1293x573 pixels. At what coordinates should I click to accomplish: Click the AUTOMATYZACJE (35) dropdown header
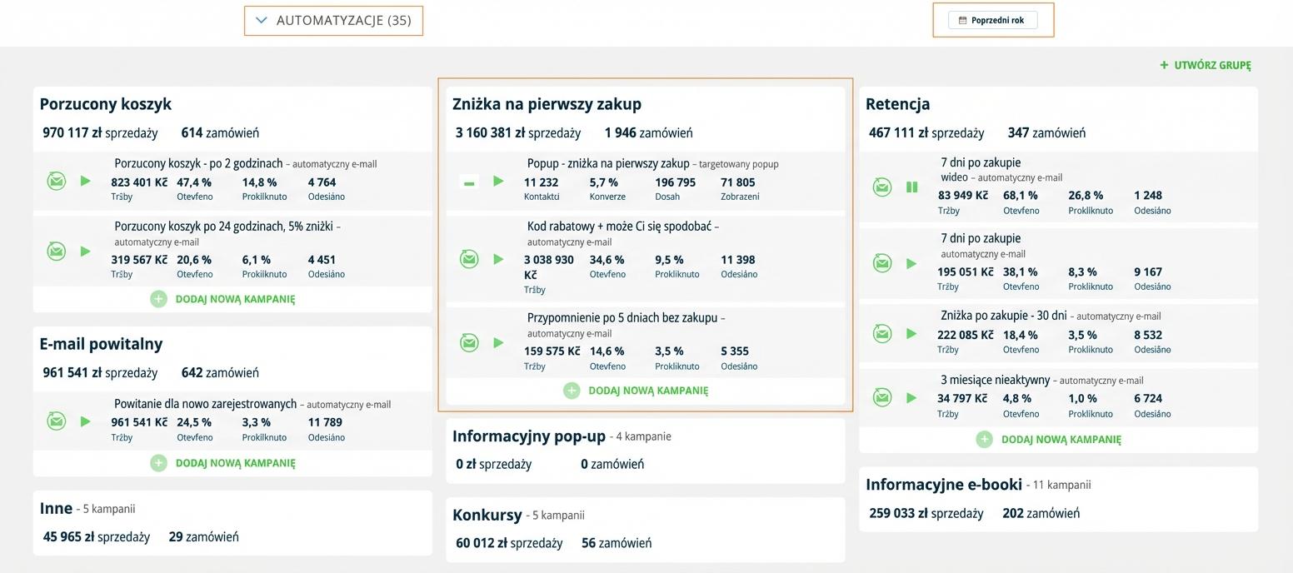click(333, 20)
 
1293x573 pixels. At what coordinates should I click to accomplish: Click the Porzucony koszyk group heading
click(106, 104)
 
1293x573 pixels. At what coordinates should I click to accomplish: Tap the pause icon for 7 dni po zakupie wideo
click(911, 187)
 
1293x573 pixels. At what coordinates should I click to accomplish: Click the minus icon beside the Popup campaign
click(469, 182)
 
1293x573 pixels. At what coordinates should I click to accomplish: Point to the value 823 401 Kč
click(139, 182)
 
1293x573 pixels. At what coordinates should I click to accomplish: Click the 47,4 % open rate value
click(194, 182)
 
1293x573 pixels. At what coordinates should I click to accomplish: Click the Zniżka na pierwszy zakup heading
click(547, 104)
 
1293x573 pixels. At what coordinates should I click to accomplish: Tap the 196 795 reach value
click(675, 182)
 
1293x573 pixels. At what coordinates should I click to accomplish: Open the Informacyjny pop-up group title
click(529, 436)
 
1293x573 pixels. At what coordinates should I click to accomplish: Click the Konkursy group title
click(487, 516)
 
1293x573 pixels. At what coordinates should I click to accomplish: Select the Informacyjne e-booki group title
click(943, 485)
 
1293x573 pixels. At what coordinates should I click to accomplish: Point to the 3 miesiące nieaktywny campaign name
click(995, 380)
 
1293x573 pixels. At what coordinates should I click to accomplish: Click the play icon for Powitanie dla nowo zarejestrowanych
click(85, 421)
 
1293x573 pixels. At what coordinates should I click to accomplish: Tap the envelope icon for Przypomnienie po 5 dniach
click(469, 342)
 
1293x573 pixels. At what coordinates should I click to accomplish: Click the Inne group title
click(56, 508)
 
